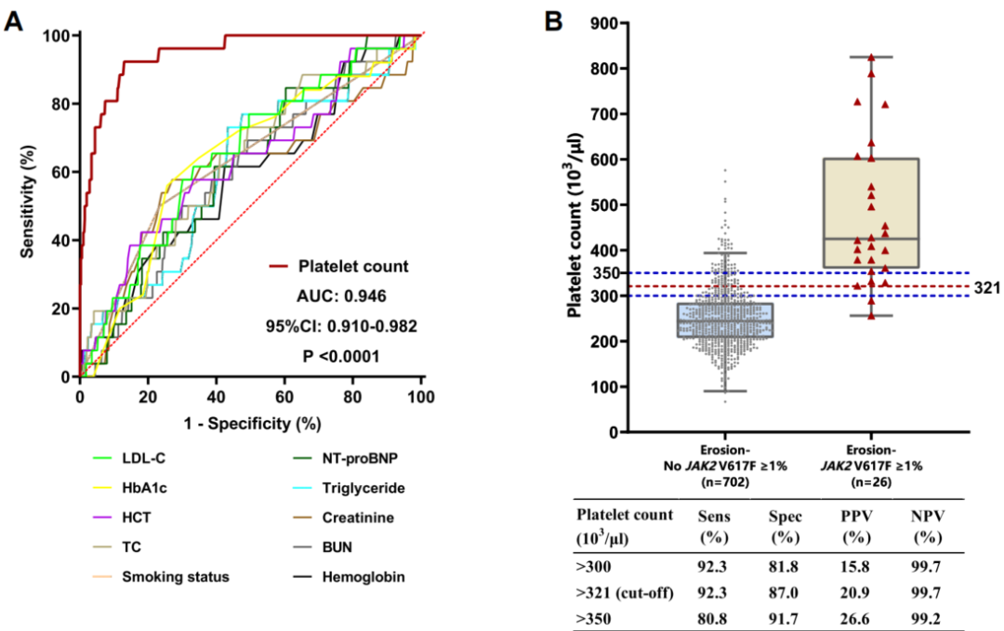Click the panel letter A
pyautogui.click(x=14, y=20)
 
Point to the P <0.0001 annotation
pyautogui.click(x=341, y=356)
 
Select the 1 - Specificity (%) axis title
pyautogui.click(x=250, y=423)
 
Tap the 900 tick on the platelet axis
pyautogui.click(x=608, y=23)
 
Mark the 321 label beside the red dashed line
pyautogui.click(x=987, y=289)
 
